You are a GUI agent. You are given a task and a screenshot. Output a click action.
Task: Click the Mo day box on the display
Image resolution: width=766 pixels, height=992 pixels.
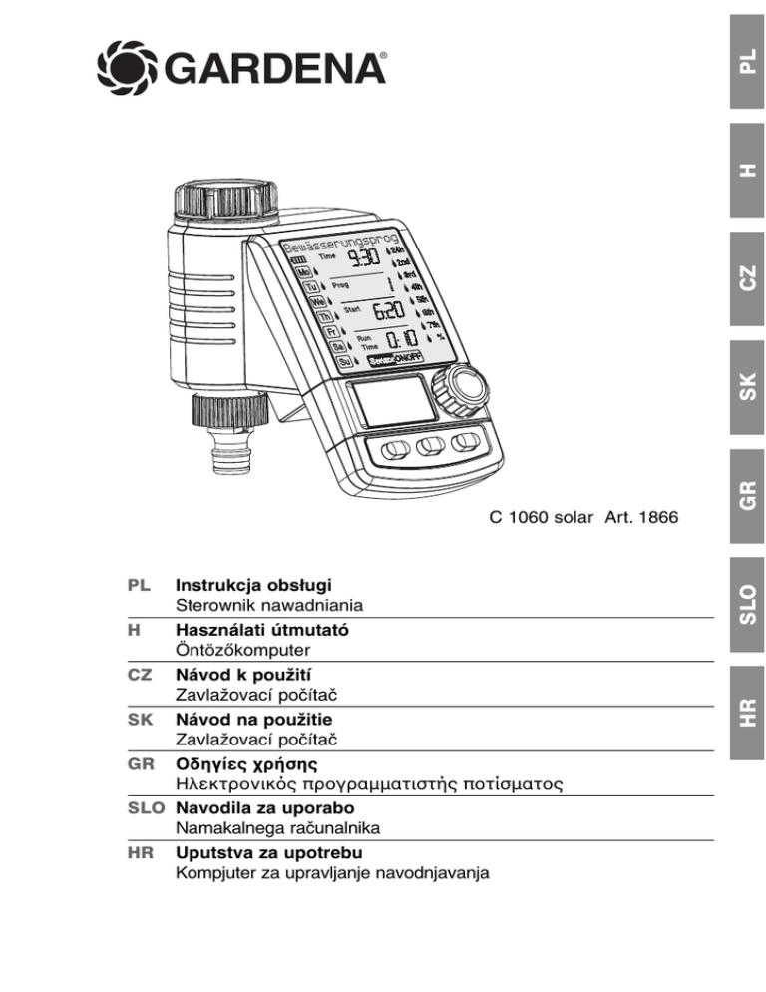pyautogui.click(x=301, y=271)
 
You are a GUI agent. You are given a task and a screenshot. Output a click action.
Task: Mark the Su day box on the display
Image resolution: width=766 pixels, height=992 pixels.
pyautogui.click(x=343, y=362)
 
